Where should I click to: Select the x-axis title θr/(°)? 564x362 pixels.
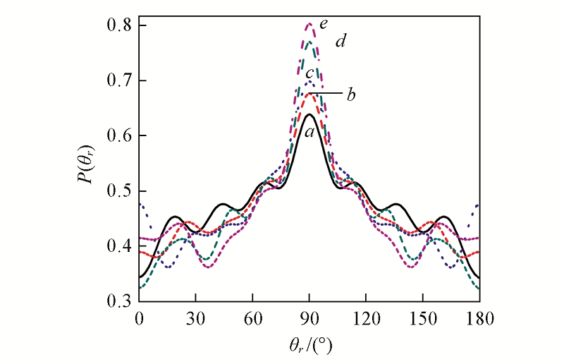pyautogui.click(x=308, y=346)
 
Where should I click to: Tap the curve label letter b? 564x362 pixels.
pyautogui.click(x=350, y=95)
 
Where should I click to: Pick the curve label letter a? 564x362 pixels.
pyautogui.click(x=309, y=131)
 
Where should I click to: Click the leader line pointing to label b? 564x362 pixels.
pyautogui.click(x=325, y=93)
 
